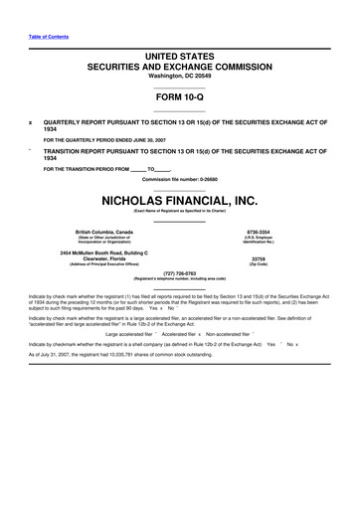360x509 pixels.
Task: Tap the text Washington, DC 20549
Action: coord(179,76)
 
